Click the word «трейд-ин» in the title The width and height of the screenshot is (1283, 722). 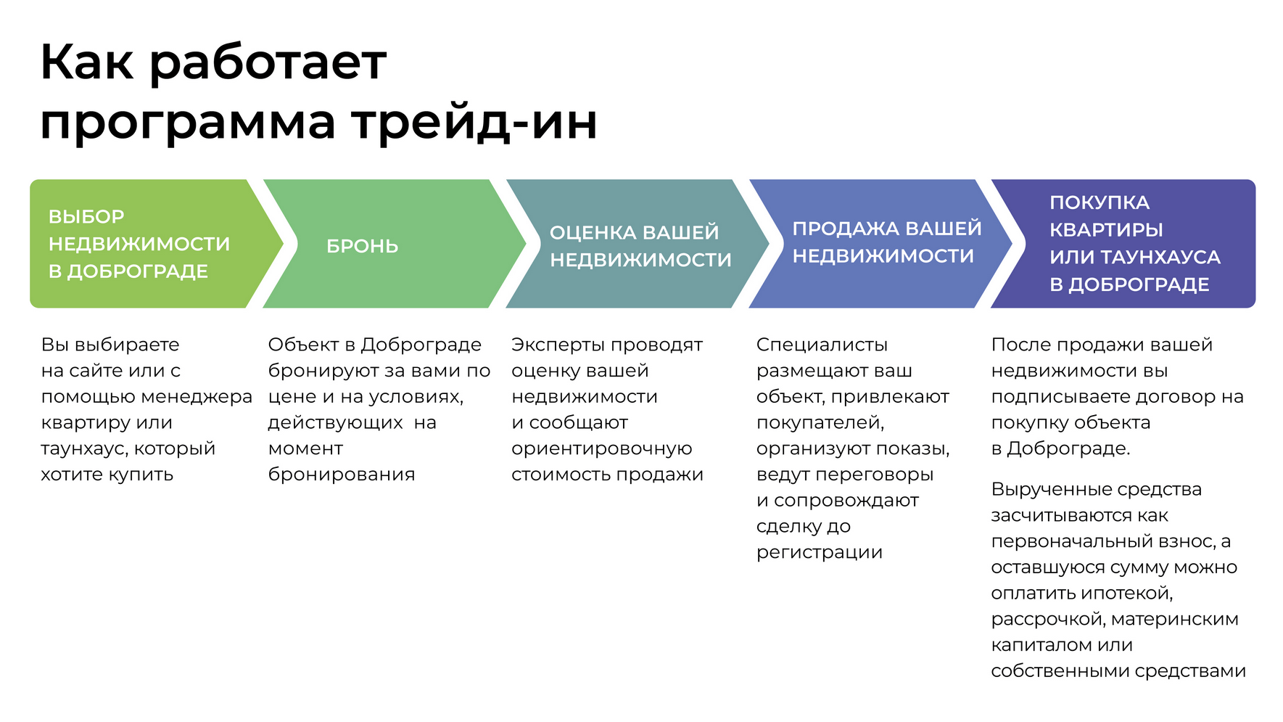474,122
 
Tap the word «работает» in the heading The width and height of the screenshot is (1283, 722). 268,62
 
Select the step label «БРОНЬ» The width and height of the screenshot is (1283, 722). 362,246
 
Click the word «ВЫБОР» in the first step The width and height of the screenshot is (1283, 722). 86,216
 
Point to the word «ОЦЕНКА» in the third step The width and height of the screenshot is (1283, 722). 593,232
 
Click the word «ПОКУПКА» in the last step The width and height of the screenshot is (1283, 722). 1099,202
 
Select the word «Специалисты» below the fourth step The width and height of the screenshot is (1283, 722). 822,345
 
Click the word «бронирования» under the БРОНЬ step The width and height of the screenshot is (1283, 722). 342,475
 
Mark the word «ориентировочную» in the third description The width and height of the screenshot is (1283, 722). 601,448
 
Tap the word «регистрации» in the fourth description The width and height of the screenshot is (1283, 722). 819,552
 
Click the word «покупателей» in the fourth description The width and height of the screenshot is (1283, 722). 820,423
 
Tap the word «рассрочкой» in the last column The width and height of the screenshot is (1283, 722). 1047,620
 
